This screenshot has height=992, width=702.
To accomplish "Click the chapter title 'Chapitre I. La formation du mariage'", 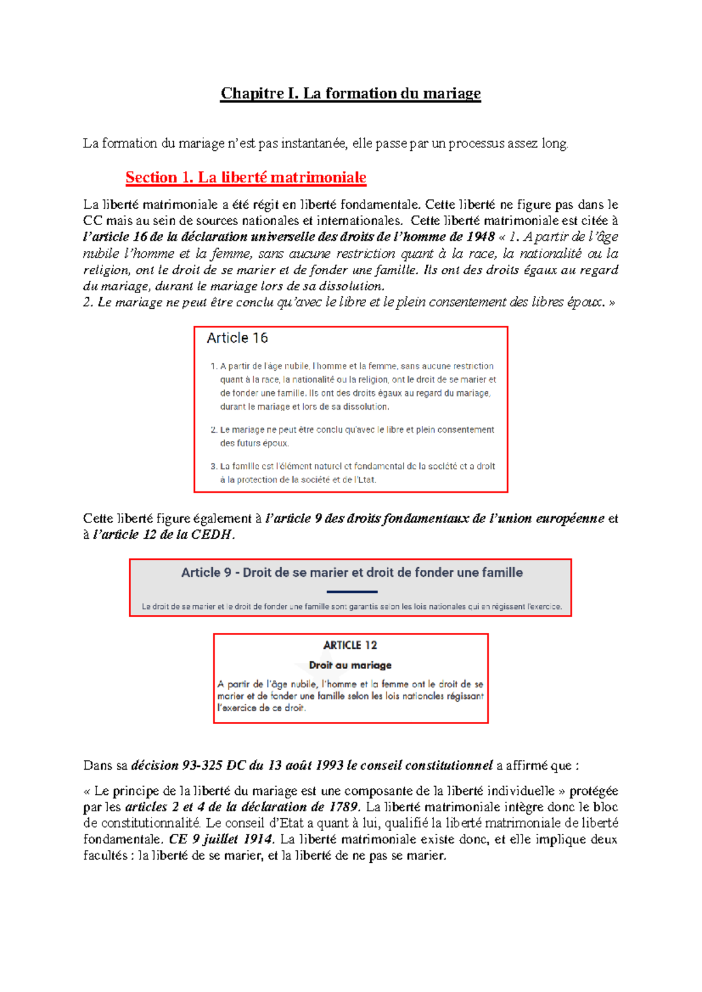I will coord(350,94).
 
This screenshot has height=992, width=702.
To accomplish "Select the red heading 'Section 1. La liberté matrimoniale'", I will coord(246,177).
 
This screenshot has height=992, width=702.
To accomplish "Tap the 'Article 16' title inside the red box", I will coord(237,338).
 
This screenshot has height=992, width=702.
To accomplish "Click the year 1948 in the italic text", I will coord(480,237).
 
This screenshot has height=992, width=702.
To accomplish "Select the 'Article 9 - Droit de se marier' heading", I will coord(352,573).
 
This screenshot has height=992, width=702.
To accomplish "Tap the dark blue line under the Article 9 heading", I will coord(352,592).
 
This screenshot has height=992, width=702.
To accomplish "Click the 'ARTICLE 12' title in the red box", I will coord(350,645).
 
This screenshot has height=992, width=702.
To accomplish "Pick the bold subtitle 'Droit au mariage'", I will coord(350,665).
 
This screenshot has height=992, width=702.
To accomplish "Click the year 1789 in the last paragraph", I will coord(342,807).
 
